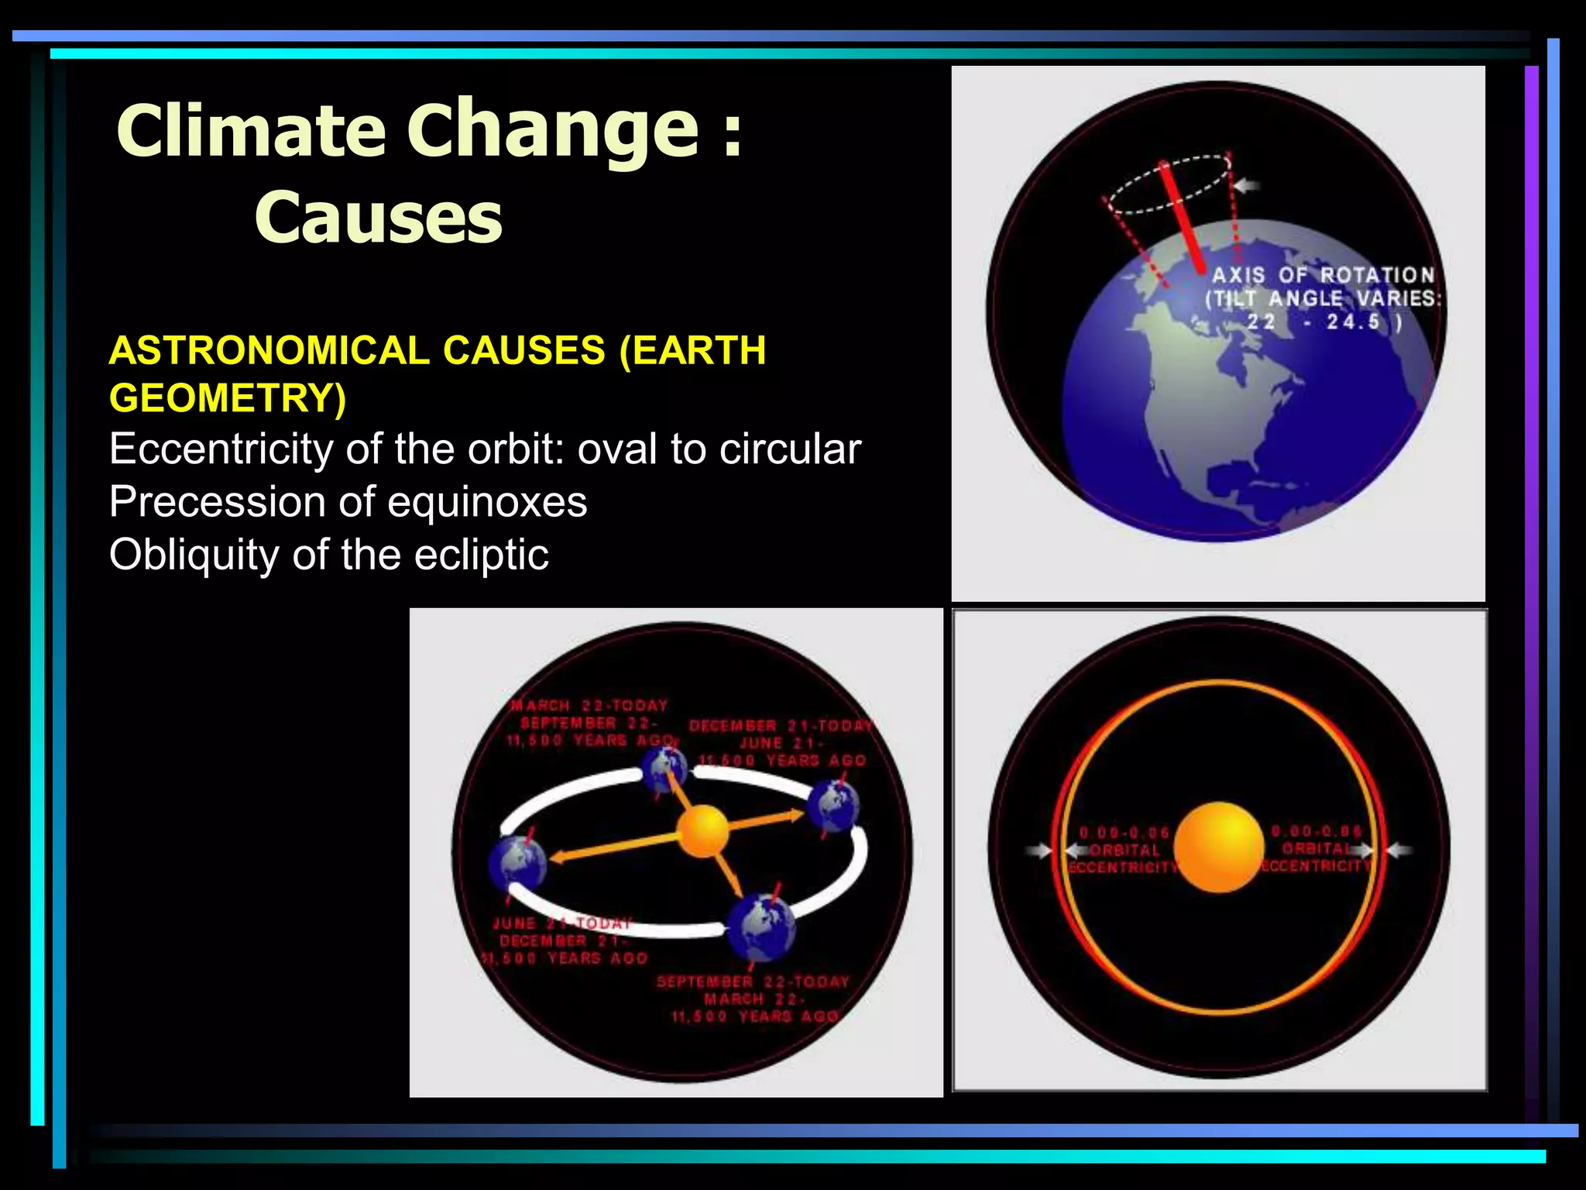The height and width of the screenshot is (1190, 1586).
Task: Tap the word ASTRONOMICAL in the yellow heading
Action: pos(269,350)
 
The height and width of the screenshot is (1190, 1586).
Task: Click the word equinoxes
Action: pos(487,502)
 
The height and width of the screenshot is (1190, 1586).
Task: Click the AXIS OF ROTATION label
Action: pos(1323,275)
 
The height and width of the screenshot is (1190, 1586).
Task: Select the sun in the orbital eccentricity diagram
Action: pos(1219,847)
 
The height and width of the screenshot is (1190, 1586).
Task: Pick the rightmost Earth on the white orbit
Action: pos(832,807)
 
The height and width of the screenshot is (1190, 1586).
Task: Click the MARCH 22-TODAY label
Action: pos(589,706)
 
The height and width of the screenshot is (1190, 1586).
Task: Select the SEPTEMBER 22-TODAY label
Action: pos(753,982)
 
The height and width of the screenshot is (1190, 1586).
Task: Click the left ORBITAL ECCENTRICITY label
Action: pos(1124,851)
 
